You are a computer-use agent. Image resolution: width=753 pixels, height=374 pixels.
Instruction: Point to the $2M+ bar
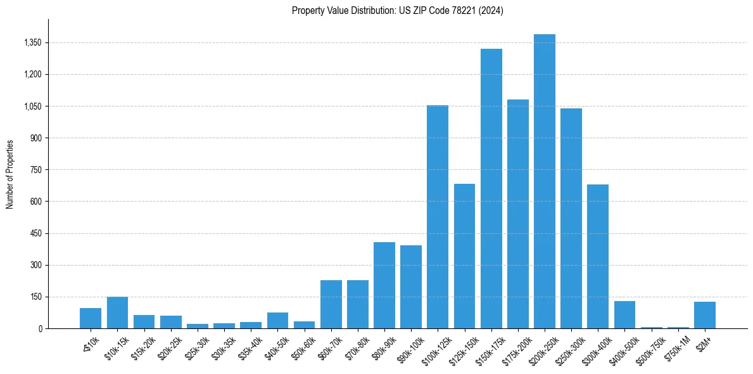coord(704,315)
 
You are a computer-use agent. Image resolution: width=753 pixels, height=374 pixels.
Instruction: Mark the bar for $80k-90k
coord(384,285)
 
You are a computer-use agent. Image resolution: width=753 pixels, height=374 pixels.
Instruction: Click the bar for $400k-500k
coord(624,314)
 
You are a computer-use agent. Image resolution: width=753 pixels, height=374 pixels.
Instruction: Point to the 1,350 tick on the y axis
coord(31,43)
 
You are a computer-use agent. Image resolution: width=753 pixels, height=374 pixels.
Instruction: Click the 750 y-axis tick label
coord(35,170)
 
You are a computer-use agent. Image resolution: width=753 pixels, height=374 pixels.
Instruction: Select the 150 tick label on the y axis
coord(35,297)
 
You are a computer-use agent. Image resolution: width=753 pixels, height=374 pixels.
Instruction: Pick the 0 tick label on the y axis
coord(39,328)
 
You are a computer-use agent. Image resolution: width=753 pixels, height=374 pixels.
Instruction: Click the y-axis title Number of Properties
coord(10,174)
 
